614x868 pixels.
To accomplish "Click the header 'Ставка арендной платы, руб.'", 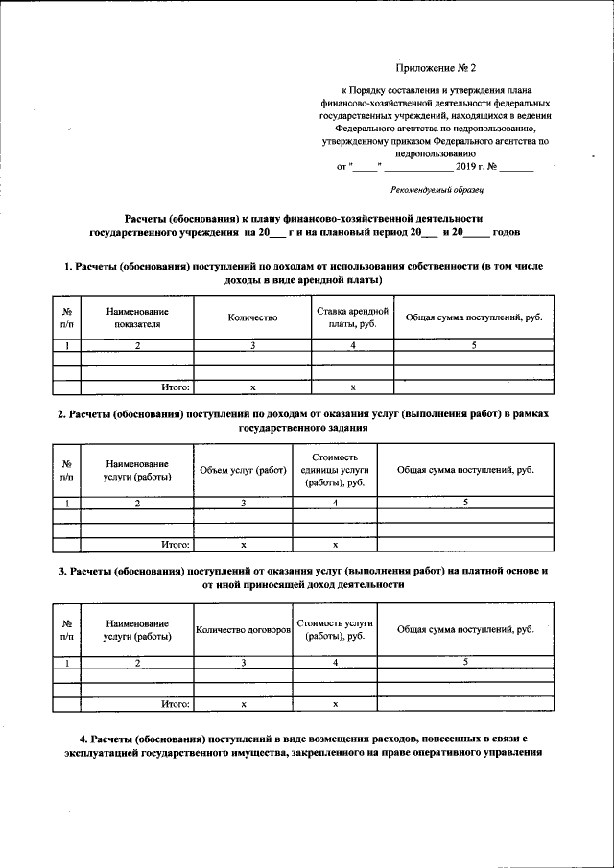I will pos(352,317).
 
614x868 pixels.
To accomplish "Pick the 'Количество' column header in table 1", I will pos(253,317).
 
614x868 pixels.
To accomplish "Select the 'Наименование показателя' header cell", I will pos(137,317).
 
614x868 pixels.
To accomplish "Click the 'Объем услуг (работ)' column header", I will pos(244,470).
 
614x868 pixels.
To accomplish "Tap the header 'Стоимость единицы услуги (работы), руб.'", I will pos(335,470).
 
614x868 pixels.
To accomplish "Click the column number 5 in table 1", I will pos(474,345).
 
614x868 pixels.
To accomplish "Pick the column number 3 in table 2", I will pos(244,503).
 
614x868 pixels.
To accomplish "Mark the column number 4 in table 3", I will pos(335,662).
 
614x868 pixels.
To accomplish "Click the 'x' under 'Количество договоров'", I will pos(244,703).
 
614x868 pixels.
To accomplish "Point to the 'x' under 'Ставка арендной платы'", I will pos(352,387).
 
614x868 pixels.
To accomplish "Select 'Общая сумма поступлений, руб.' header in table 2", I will pos(465,470).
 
